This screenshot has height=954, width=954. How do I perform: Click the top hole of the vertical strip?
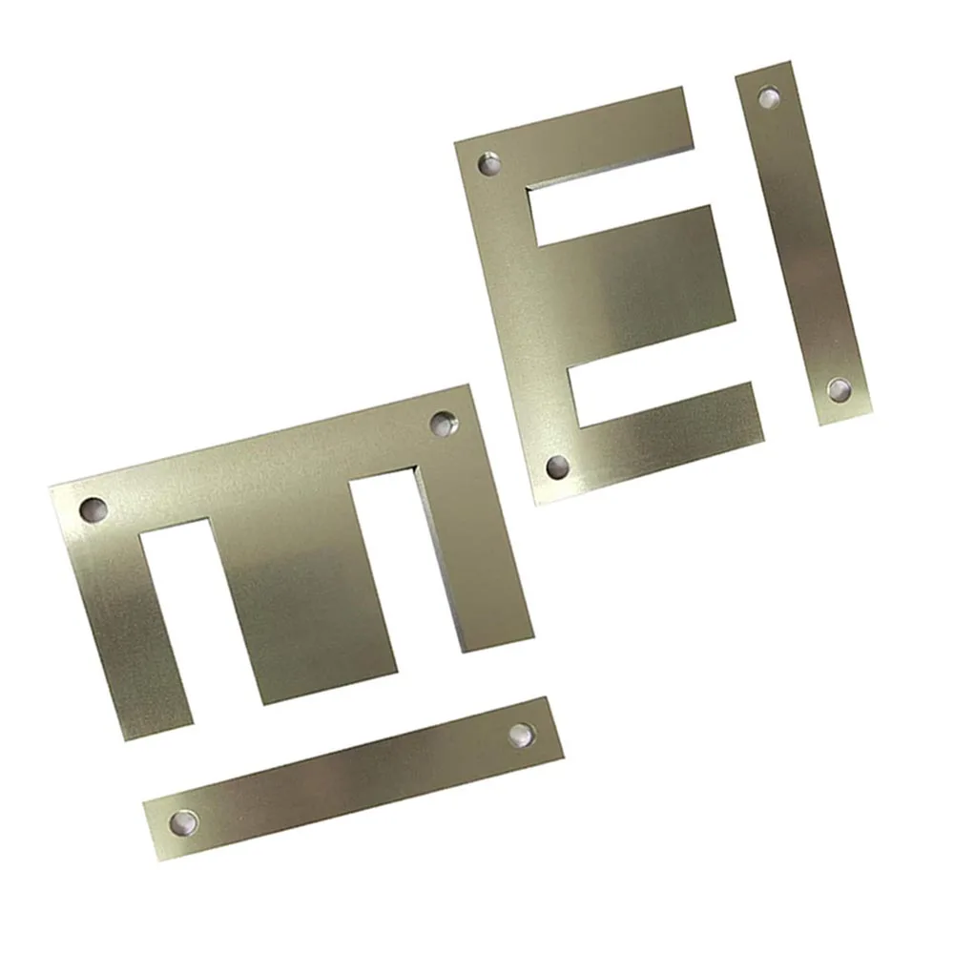point(768,96)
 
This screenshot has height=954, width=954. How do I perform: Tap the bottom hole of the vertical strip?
point(839,389)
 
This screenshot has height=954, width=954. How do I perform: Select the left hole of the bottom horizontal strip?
point(182,820)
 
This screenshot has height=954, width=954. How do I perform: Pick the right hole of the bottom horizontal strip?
point(521,734)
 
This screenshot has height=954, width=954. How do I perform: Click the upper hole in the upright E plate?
point(489,165)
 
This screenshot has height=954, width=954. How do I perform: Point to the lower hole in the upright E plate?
point(558,467)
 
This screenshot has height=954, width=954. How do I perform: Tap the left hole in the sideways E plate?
point(93,508)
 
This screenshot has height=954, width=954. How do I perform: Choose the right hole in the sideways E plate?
point(442,422)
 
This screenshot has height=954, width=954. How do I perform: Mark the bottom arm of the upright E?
point(668,429)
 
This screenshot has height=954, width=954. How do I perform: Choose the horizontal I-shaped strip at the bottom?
point(353,778)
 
